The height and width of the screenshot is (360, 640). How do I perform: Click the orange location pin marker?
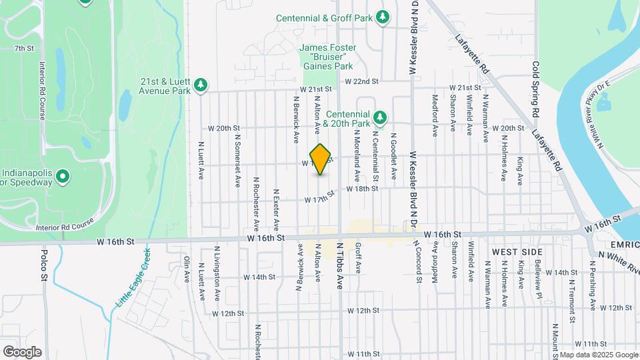321,159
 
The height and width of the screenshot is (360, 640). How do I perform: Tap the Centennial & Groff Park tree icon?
383,17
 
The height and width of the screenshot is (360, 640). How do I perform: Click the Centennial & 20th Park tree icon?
380,118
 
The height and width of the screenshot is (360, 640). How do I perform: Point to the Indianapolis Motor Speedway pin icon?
63,177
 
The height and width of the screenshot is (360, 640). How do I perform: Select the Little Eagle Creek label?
133,278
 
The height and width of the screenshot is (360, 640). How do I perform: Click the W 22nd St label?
361,81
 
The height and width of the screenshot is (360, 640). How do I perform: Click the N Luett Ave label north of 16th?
201,160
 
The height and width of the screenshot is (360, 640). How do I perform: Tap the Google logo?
21,351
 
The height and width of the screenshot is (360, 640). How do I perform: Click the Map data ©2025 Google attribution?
598,355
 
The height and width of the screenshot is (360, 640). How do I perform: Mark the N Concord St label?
419,262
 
